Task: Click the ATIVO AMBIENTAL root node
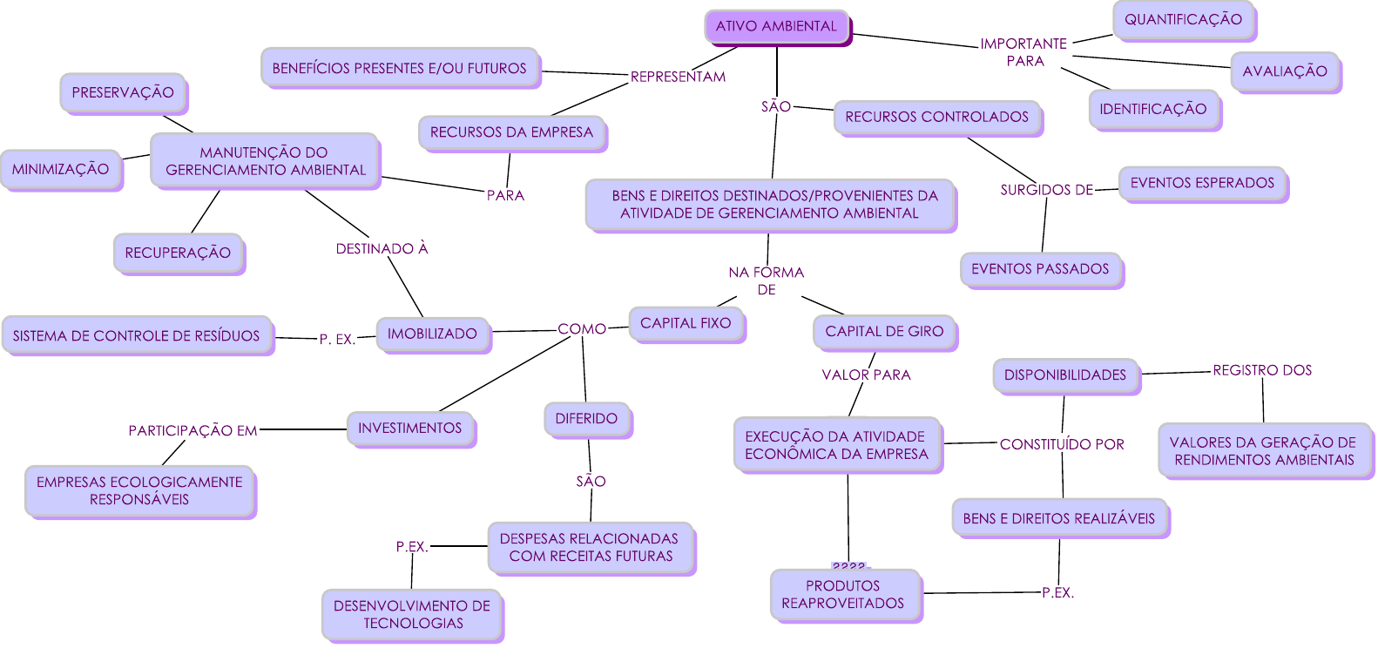[776, 26]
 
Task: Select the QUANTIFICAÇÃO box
[1183, 19]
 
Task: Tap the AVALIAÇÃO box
[1285, 71]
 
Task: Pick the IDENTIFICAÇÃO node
[1153, 109]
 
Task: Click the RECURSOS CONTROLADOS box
[936, 117]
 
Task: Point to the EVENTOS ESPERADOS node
[1202, 183]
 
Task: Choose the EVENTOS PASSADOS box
[1040, 269]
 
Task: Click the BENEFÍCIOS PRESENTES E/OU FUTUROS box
[399, 68]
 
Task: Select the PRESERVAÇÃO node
[123, 92]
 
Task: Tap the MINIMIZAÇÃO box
[61, 169]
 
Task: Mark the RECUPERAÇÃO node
[178, 253]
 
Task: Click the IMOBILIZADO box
[432, 334]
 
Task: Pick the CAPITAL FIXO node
[686, 323]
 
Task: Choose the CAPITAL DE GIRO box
[884, 331]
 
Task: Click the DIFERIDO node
[586, 419]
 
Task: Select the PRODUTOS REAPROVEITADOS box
[843, 594]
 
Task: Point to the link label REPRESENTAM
[678, 77]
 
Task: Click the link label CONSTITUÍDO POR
[1062, 444]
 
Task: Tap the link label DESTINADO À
[382, 248]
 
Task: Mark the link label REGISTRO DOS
[1262, 370]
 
